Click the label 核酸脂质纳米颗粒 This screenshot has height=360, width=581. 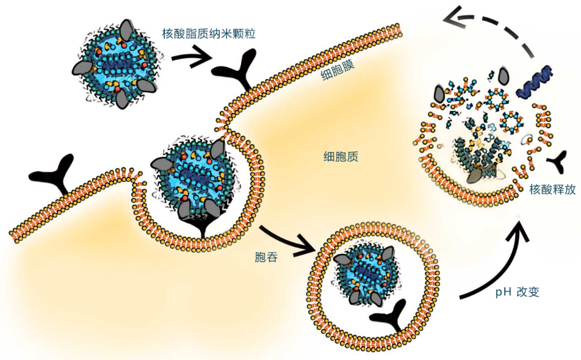209,34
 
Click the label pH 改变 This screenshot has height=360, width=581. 517,292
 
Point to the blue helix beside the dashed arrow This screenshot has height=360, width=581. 535,82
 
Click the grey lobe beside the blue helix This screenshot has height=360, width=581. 505,76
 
